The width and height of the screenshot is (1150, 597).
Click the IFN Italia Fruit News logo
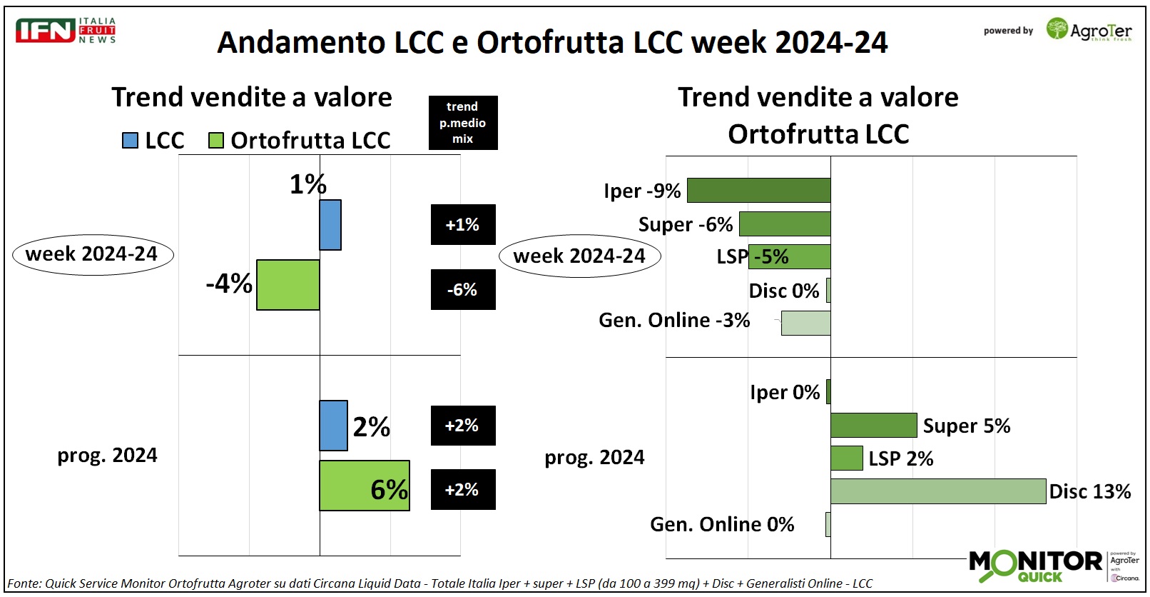(x=66, y=31)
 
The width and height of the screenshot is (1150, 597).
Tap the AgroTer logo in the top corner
(x=1089, y=30)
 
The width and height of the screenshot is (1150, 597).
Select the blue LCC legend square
(x=130, y=140)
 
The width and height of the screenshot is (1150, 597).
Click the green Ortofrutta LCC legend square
(x=215, y=140)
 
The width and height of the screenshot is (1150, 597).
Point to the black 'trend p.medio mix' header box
(x=462, y=123)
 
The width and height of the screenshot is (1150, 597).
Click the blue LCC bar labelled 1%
(x=330, y=225)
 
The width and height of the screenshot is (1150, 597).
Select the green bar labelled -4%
(x=288, y=285)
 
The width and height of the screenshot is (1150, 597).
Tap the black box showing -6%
(x=462, y=289)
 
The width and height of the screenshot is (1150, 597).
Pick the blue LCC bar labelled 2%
(x=333, y=426)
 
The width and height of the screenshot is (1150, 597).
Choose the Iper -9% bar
(x=758, y=191)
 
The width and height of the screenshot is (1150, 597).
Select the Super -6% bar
(x=785, y=224)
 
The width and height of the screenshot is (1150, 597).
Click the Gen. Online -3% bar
(x=806, y=323)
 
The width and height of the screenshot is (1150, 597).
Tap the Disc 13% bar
(x=938, y=491)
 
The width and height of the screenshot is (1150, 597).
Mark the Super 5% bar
(x=874, y=425)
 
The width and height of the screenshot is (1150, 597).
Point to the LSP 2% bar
(x=847, y=458)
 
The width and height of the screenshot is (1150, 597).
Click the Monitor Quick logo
(x=1035, y=566)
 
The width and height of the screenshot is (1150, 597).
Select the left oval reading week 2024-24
(x=93, y=255)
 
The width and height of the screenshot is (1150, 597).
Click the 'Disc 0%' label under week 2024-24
(x=783, y=291)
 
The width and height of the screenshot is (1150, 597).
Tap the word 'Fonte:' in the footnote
(x=24, y=583)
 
